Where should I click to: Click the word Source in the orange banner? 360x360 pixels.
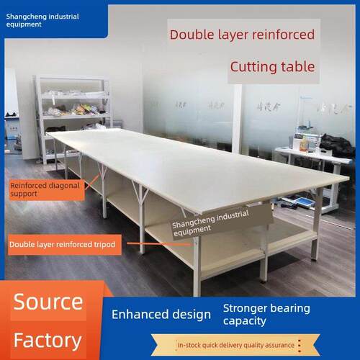pos(48,302)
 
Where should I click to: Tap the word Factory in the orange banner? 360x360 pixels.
pos(48,341)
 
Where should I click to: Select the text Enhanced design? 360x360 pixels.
pos(161,315)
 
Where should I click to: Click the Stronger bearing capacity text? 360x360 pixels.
pos(266,315)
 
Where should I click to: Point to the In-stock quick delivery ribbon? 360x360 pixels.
pos(235,345)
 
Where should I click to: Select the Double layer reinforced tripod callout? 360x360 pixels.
pos(64,245)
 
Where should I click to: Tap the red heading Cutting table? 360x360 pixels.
pos(272,67)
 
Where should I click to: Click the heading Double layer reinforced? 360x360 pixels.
pos(242,35)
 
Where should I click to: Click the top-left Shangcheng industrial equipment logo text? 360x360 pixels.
pos(42,20)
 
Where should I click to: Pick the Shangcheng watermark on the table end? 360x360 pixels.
pos(211,223)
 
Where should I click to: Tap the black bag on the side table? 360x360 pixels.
pos(337,145)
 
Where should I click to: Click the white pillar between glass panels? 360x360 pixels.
pos(237,120)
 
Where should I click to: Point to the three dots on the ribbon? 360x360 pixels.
pos(300,346)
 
